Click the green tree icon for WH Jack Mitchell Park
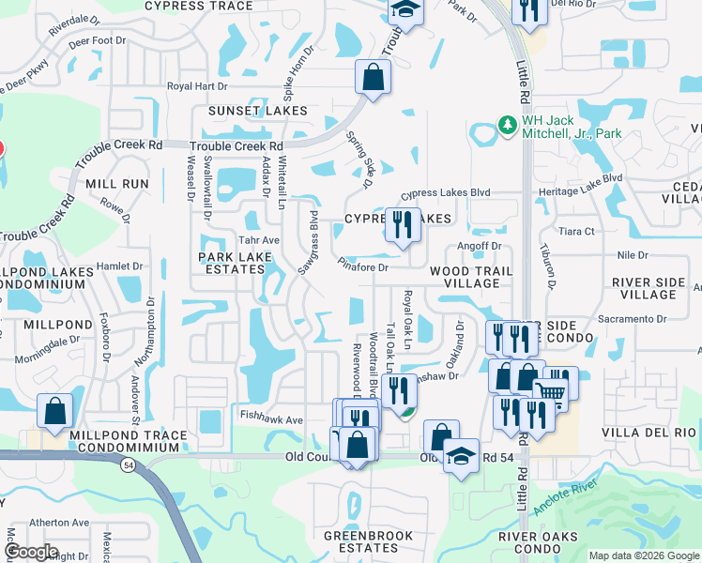pyautogui.click(x=507, y=125)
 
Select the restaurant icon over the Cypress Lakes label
pyautogui.click(x=403, y=225)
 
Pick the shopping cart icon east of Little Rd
pyautogui.click(x=550, y=391)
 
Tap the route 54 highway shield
pyautogui.click(x=126, y=465)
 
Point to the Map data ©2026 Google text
pyautogui.click(x=644, y=555)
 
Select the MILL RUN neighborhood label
pyautogui.click(x=117, y=185)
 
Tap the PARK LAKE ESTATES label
pyautogui.click(x=231, y=263)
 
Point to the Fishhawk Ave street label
pyautogui.click(x=271, y=420)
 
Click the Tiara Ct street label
pyautogui.click(x=576, y=231)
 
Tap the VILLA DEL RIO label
pyautogui.click(x=654, y=433)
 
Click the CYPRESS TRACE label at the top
pyautogui.click(x=199, y=6)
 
